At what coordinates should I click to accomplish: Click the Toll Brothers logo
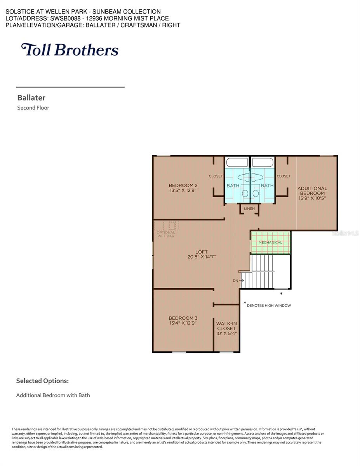(x=70, y=50)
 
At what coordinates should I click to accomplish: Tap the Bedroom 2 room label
(x=183, y=185)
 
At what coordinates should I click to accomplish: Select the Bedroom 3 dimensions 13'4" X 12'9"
(x=183, y=323)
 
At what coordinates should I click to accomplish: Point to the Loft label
(x=202, y=252)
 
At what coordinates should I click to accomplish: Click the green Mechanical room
(x=270, y=242)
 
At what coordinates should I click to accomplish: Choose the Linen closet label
(x=249, y=209)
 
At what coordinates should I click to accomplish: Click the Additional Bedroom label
(x=312, y=191)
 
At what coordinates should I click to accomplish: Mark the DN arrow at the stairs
(x=238, y=280)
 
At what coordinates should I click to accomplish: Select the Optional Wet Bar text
(x=166, y=234)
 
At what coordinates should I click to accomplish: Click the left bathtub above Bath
(x=237, y=162)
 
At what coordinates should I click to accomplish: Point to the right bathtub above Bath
(x=263, y=162)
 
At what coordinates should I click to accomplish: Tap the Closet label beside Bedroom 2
(x=216, y=176)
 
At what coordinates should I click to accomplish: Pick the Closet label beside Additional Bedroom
(x=283, y=176)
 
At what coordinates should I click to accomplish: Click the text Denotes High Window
(x=269, y=306)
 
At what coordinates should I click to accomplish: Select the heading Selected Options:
(x=42, y=381)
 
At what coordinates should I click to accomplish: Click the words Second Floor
(x=33, y=108)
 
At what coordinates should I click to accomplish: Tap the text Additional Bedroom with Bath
(x=53, y=395)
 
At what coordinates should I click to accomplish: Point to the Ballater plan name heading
(x=31, y=98)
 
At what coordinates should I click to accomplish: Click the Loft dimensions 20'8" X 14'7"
(x=202, y=257)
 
